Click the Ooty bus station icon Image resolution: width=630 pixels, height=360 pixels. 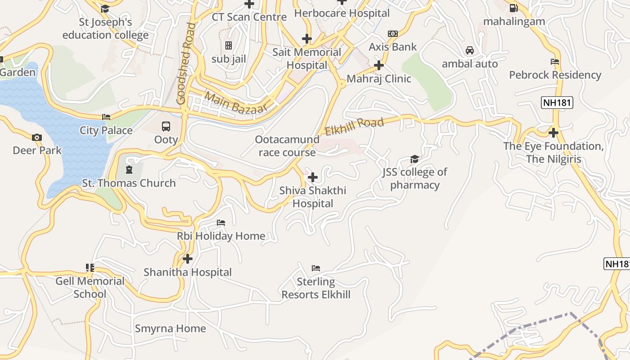(x=166, y=126)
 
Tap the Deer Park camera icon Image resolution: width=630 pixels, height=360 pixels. (x=36, y=137)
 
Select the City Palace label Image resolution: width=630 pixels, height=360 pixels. (x=106, y=130)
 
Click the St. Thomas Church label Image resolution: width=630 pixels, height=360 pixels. (x=129, y=183)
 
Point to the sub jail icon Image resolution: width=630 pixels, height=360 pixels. (x=229, y=45)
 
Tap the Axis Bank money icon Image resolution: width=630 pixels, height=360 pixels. (x=393, y=34)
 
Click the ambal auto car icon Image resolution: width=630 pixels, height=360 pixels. (x=470, y=50)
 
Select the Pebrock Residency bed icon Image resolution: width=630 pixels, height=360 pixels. (x=555, y=62)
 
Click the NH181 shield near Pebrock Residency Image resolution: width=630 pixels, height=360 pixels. (x=557, y=103)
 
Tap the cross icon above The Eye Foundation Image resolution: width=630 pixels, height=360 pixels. (x=553, y=133)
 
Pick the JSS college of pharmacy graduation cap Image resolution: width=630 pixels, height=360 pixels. (x=414, y=159)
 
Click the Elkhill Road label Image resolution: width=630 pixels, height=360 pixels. (x=355, y=126)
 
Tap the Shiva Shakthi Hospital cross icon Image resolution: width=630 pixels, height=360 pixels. (x=313, y=177)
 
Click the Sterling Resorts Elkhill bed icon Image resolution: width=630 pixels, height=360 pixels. (x=316, y=268)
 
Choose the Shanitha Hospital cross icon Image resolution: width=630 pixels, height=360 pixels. (x=188, y=259)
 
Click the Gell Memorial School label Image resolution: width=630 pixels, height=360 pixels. (x=90, y=288)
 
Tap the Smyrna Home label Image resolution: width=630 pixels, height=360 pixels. (x=171, y=328)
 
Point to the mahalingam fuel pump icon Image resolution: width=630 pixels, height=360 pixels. (x=513, y=8)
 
